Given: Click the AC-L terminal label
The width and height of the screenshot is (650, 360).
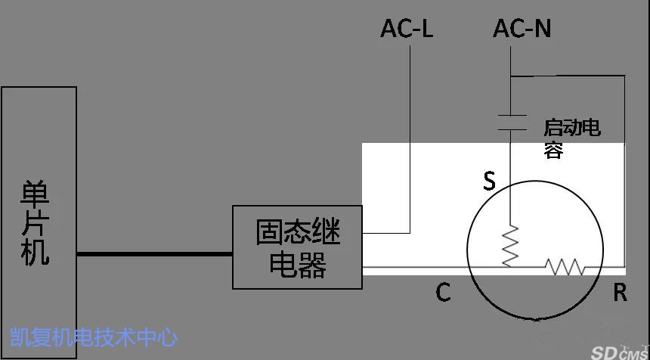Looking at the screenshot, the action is coord(407,29).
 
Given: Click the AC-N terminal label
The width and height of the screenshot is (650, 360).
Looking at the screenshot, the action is coord(522,29).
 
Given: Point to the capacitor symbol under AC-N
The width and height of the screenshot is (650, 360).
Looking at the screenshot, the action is coord(512,123).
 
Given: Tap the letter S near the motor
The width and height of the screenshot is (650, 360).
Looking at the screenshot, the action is coord(490,182).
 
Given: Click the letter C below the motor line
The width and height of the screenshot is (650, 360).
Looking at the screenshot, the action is coord(443,293).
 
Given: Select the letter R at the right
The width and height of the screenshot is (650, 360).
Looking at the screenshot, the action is coord(620,293).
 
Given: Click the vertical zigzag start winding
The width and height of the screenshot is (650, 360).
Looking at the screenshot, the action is coord(510,246).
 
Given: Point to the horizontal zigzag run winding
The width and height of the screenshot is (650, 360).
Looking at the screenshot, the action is coord(565,267).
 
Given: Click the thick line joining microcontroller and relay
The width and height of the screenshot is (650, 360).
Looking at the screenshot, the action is coord(155,254).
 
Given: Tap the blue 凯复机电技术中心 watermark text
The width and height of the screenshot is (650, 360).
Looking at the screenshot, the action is coord(94,337).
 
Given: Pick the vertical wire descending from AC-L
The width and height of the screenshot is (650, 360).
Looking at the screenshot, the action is coord(410,139).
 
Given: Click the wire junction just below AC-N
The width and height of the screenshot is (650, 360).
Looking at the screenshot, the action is coord(511,76).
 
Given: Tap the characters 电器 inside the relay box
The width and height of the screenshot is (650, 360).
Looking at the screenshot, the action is coord(298,264).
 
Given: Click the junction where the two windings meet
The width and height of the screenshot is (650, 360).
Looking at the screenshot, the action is coord(510,267).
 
